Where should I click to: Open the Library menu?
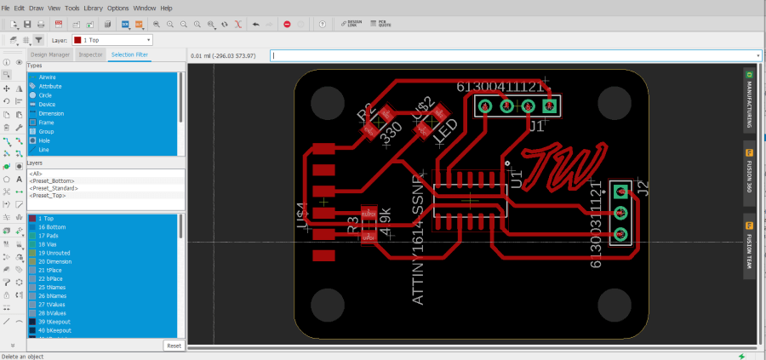point(92,8)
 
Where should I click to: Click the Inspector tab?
point(90,54)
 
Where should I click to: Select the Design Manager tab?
point(50,54)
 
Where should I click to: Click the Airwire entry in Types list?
point(48,77)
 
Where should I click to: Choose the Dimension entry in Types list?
point(50,113)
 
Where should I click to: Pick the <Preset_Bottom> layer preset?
point(52,180)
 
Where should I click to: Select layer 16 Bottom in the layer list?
point(53,227)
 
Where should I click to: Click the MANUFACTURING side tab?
point(749,100)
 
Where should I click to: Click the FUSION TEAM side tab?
point(749,248)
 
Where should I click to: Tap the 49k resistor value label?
point(384,222)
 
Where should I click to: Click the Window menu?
point(143,8)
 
